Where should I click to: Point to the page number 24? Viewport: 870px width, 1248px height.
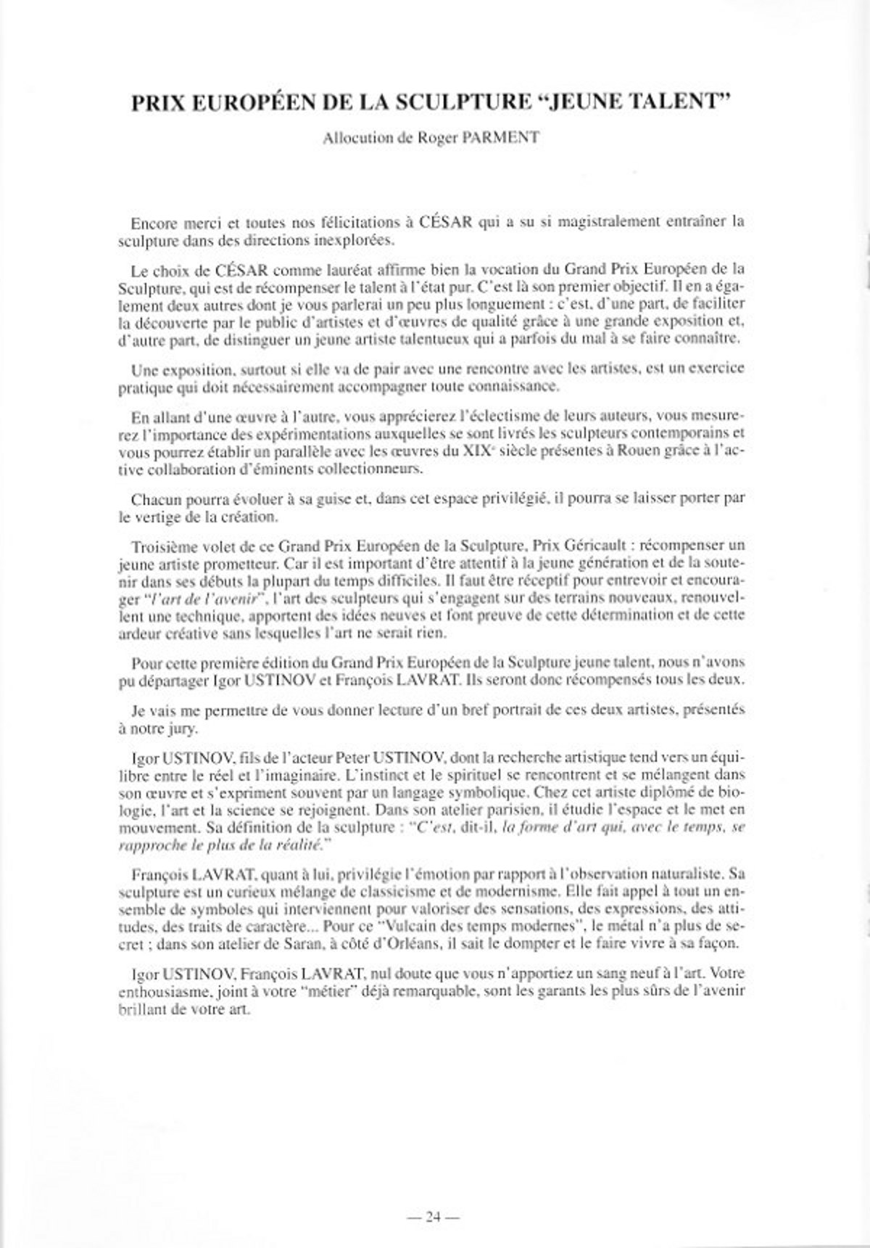pyautogui.click(x=434, y=1198)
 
